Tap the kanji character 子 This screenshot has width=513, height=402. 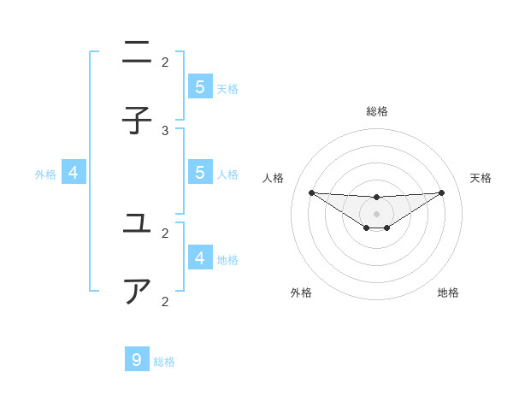tap(137, 121)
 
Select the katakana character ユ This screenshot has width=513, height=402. tap(137, 224)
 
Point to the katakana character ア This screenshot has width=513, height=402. tap(137, 292)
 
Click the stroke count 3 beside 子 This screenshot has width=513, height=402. tap(165, 130)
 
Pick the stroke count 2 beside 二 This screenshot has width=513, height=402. tap(165, 62)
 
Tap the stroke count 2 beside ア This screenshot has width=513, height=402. tap(165, 301)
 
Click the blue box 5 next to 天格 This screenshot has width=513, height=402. tap(199, 86)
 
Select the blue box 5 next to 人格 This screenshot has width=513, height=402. tap(199, 172)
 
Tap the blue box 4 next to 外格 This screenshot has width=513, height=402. tap(74, 173)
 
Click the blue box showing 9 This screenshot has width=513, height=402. tap(137, 359)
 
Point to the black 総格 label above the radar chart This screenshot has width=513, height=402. tap(377, 111)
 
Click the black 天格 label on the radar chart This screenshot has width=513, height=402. tap(481, 178)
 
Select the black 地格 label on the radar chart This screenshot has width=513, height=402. tap(448, 293)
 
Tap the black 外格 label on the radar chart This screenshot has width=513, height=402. tap(301, 293)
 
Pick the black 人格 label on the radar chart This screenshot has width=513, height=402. tap(273, 178)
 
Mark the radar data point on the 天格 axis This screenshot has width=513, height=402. tap(442, 192)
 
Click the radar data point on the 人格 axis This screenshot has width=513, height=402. tap(311, 192)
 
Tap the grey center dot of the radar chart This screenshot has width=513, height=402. tap(376, 214)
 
